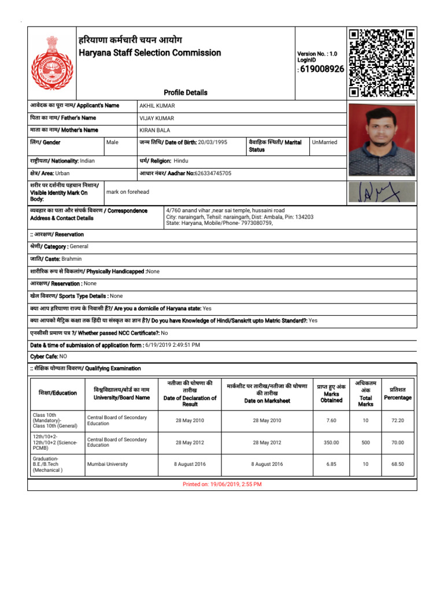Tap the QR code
point(381,62)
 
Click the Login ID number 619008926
point(322,69)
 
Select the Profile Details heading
point(185,92)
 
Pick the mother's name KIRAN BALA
point(154,130)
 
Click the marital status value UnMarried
point(324,142)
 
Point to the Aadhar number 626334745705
point(205,173)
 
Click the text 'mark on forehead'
point(127,192)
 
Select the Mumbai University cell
point(107,464)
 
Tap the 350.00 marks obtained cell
point(331,442)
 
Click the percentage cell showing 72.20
point(398,420)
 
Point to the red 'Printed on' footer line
point(222,484)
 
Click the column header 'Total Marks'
point(365,401)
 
